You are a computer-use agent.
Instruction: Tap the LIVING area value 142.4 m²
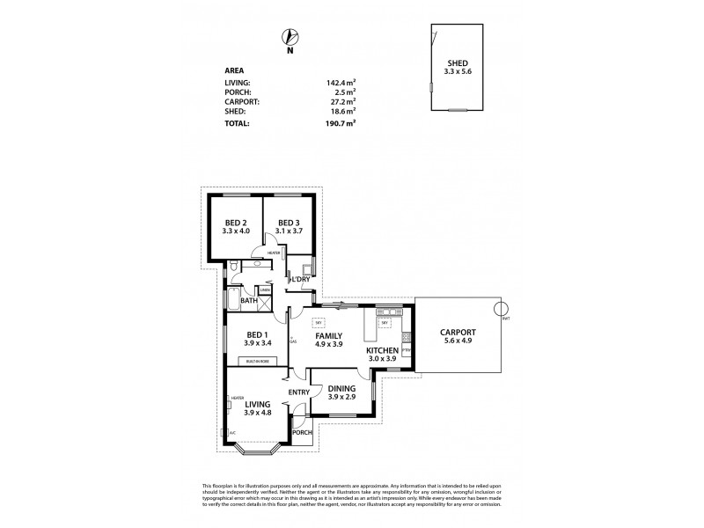[x=341, y=82]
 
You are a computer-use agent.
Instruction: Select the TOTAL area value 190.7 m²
[x=341, y=124]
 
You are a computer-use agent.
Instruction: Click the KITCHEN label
[x=383, y=350]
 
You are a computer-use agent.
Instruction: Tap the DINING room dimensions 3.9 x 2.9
[x=341, y=398]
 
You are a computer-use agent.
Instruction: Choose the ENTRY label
[x=297, y=393]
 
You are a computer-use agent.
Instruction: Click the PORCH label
[x=302, y=432]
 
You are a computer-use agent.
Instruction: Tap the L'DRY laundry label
[x=300, y=280]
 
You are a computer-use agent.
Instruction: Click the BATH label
[x=249, y=300]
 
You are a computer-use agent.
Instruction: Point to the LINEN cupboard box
[x=264, y=290]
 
